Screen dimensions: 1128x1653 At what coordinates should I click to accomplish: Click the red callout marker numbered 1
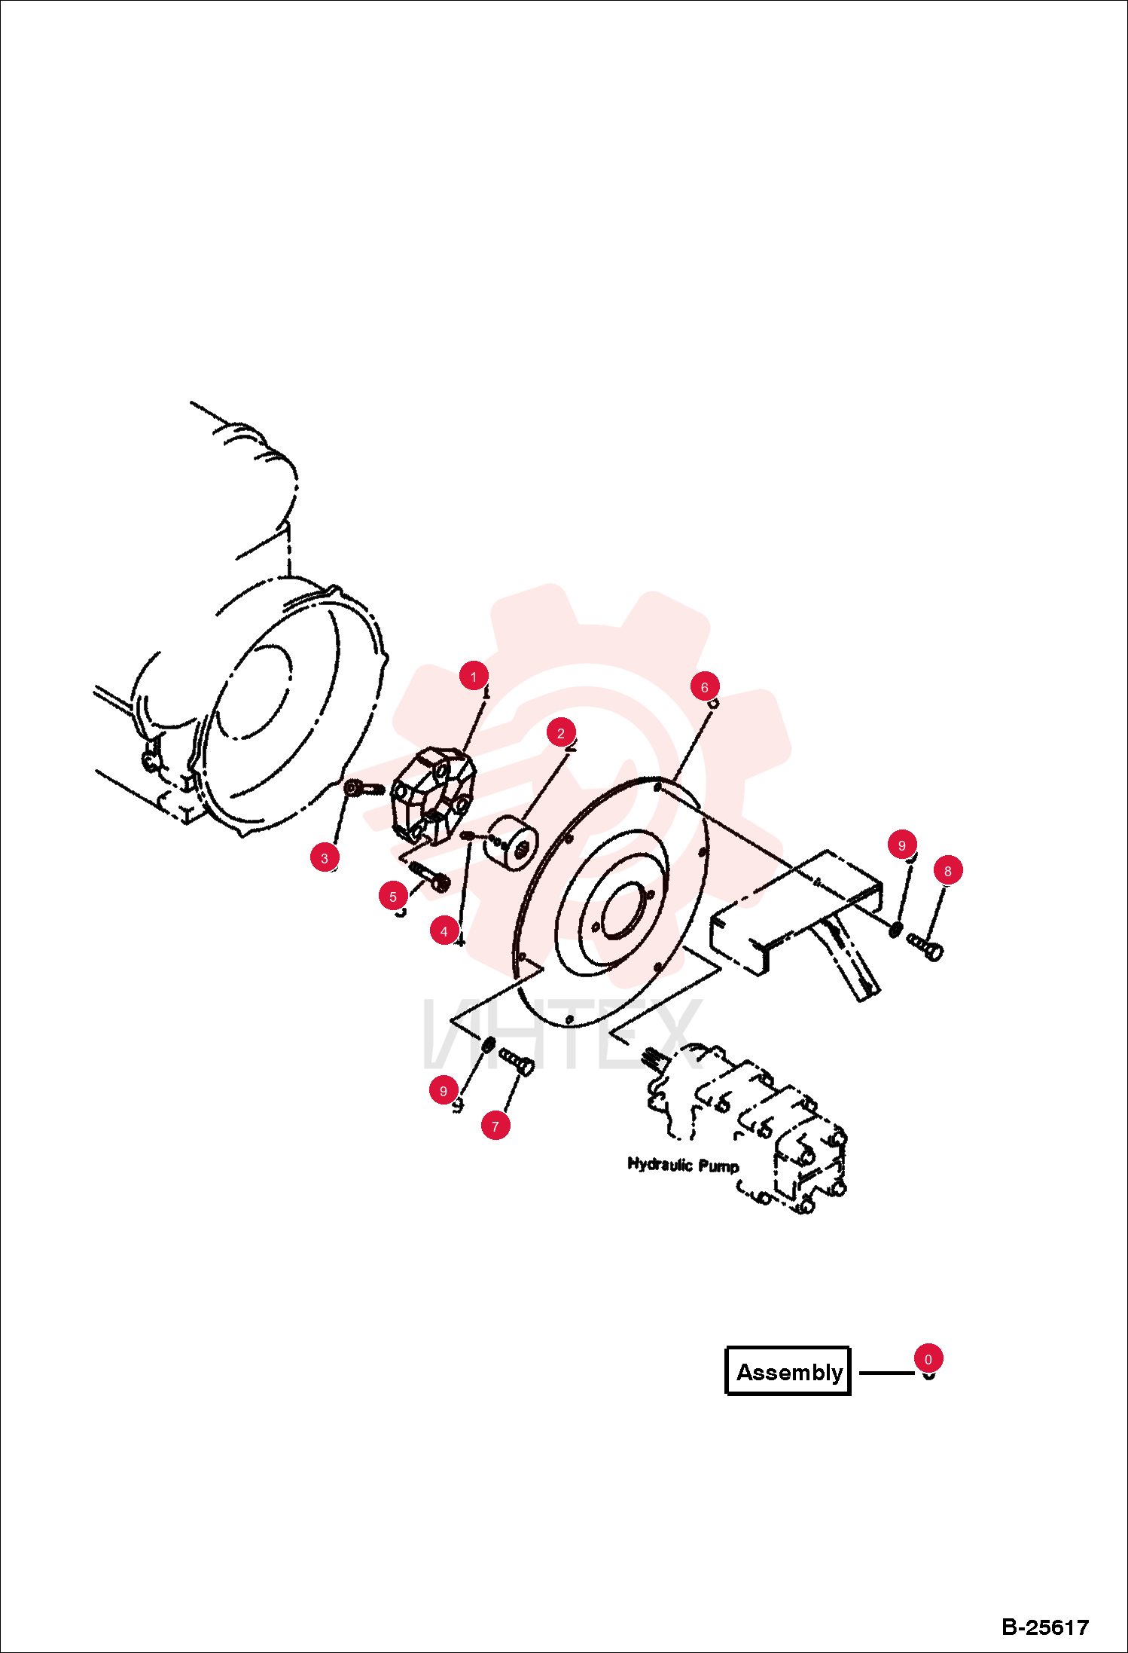click(x=474, y=677)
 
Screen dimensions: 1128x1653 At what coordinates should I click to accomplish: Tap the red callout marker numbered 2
click(x=561, y=733)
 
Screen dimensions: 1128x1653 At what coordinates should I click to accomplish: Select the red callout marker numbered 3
click(x=325, y=857)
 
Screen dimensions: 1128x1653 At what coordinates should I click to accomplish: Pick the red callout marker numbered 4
click(x=444, y=931)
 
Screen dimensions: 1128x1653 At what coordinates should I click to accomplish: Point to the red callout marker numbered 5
click(x=393, y=897)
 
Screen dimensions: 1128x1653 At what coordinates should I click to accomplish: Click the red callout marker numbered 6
click(x=705, y=687)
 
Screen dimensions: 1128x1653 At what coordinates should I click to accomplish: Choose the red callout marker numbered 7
click(x=495, y=1126)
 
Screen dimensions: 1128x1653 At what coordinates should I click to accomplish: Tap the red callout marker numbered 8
click(x=948, y=871)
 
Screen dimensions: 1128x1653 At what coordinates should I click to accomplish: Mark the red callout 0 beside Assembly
click(x=928, y=1359)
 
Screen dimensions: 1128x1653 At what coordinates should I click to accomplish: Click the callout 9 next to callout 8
click(x=902, y=845)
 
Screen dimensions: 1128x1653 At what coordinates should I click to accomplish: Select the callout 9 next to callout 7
click(x=444, y=1091)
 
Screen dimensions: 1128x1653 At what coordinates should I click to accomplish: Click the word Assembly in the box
click(x=789, y=1372)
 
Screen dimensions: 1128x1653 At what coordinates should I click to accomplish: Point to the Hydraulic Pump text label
click(x=683, y=1165)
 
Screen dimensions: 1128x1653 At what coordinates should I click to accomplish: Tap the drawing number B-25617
click(x=1045, y=1627)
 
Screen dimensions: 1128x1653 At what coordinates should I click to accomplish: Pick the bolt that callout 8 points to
click(x=925, y=946)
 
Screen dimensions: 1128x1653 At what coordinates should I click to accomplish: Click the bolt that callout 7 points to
click(x=517, y=1062)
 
